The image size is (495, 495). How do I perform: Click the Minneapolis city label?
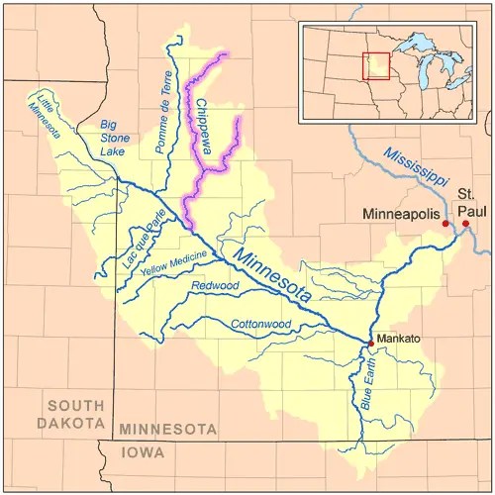pyautogui.click(x=401, y=213)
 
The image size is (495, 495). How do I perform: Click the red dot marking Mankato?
pyautogui.click(x=371, y=343)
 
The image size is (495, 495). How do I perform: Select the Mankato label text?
pyautogui.click(x=399, y=339)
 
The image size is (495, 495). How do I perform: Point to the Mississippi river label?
pyautogui.click(x=417, y=169)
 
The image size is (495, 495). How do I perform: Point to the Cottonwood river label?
pyautogui.click(x=259, y=325)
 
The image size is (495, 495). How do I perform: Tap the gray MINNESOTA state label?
pyautogui.click(x=168, y=430)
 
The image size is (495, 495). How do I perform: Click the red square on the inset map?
pyautogui.click(x=375, y=65)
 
